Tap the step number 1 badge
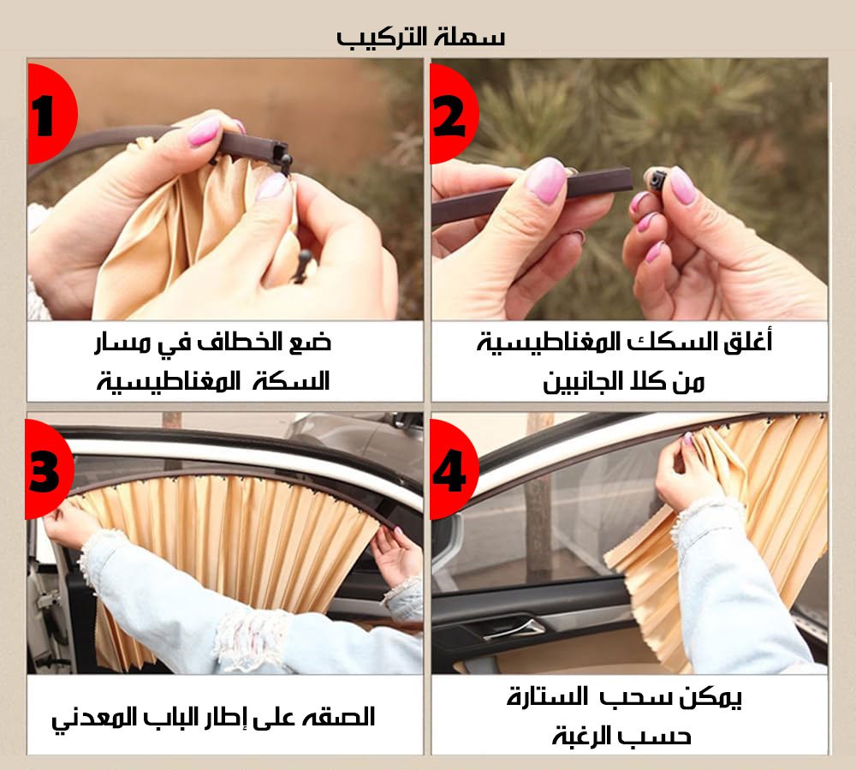47,115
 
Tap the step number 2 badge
450,115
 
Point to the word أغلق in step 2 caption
750,344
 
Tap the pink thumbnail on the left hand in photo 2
544,178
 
